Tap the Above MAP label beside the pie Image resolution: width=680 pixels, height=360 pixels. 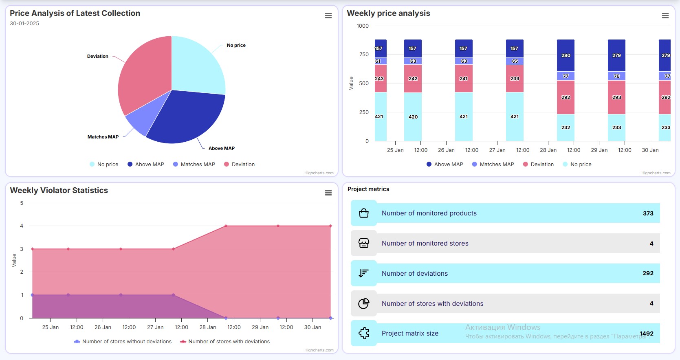(x=221, y=148)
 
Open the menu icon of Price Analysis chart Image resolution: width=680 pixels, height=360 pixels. (x=328, y=16)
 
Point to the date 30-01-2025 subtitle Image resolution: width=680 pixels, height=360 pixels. (x=24, y=24)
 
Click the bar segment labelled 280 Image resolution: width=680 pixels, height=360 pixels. (x=566, y=55)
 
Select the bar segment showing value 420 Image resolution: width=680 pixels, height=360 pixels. (x=413, y=117)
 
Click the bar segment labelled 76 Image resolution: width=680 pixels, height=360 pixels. (x=616, y=76)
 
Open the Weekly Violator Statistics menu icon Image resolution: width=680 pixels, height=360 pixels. (x=328, y=193)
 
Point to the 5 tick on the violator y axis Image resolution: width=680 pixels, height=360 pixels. (x=22, y=203)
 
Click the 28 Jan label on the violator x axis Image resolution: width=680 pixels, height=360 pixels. (x=208, y=327)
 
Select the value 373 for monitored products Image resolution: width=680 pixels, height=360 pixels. (x=648, y=213)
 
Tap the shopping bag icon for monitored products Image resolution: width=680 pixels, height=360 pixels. (x=364, y=213)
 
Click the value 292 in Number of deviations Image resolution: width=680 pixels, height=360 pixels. (x=648, y=273)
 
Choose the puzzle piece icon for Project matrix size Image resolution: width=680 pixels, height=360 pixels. (x=364, y=334)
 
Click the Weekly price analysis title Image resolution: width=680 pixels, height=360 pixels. (x=388, y=13)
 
